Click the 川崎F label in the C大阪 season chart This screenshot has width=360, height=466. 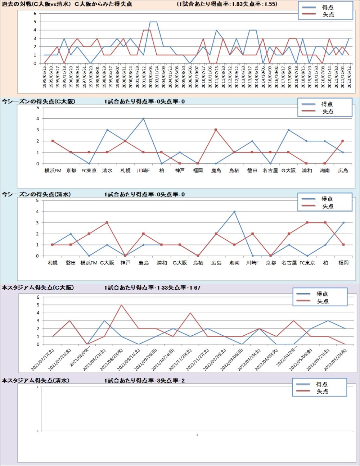pyautogui.click(x=143, y=171)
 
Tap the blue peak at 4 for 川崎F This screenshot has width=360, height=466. pyautogui.click(x=143, y=118)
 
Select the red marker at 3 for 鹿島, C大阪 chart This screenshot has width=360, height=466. pyautogui.click(x=216, y=130)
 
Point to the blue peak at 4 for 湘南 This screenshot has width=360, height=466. pyautogui.click(x=234, y=212)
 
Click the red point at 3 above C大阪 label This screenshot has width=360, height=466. pyautogui.click(x=107, y=223)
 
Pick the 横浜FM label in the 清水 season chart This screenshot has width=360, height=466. pyautogui.click(x=89, y=263)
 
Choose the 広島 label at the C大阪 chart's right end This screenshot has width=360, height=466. pyautogui.click(x=343, y=171)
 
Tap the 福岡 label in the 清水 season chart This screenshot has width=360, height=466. pyautogui.click(x=343, y=263)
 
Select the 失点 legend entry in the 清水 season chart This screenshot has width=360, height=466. pyautogui.click(x=328, y=206)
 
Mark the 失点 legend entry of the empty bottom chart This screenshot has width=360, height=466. pyautogui.click(x=322, y=391)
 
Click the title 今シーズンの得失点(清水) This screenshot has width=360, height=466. pyautogui.click(x=36, y=194)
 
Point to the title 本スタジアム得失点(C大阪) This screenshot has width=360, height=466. pyautogui.click(x=38, y=288)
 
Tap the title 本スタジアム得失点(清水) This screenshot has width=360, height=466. pyautogui.click(x=35, y=380)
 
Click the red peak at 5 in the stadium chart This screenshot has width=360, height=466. pyautogui.click(x=121, y=305)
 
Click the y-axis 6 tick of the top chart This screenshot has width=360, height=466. pyautogui.click(x=35, y=14)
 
